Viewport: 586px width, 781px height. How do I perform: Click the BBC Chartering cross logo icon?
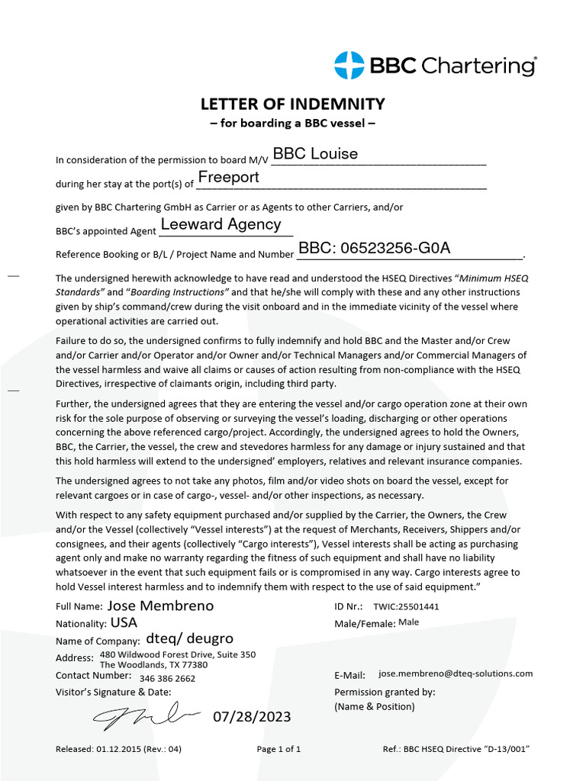coord(349,66)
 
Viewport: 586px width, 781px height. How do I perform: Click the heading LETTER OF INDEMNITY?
coord(292,104)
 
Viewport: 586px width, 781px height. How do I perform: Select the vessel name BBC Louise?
coord(315,154)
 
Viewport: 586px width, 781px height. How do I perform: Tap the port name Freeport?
coord(228,178)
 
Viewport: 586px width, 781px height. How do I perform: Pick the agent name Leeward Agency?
coord(221,224)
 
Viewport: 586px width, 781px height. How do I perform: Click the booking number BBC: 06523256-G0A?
coord(374,248)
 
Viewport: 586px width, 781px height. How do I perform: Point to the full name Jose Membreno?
coord(160,606)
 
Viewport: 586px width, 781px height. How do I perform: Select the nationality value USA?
coord(124,622)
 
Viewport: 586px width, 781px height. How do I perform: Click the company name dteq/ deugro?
coord(189,639)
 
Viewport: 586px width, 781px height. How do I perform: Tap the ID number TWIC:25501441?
coord(405,607)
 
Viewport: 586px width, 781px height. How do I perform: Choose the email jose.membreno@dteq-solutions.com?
coord(456,674)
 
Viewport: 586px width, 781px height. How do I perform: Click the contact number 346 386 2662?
coord(167,678)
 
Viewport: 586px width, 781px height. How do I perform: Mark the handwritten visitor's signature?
coord(145,715)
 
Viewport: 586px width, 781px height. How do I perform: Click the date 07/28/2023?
coord(251,717)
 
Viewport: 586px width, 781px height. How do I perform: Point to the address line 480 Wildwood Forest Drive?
coord(177,654)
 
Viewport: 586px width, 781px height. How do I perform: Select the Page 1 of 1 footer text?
coord(279,749)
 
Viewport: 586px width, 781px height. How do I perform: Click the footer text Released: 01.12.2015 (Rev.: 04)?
coord(118,749)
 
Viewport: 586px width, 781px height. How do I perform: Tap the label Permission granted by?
coord(385,692)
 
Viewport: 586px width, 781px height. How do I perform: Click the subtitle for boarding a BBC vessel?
coord(292,123)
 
